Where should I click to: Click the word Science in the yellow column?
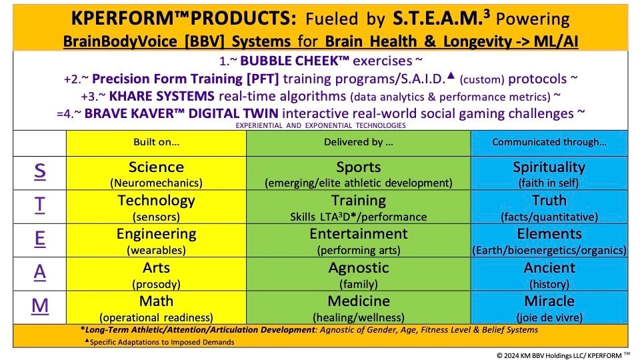(x=156, y=167)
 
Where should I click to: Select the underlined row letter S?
(x=39, y=171)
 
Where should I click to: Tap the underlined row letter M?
(x=40, y=306)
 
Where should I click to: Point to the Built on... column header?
(x=156, y=142)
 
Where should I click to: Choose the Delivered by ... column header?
(x=359, y=142)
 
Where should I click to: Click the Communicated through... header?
(x=549, y=142)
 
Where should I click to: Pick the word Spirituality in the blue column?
(x=549, y=167)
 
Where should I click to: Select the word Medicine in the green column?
(x=359, y=301)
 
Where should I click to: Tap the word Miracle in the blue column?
(x=549, y=301)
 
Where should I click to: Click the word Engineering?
(x=156, y=234)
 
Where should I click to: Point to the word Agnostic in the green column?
(x=359, y=268)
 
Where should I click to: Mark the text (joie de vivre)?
(x=549, y=317)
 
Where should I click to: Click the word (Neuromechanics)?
(x=156, y=183)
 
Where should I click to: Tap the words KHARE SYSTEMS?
(x=161, y=96)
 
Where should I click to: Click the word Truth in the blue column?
(x=549, y=201)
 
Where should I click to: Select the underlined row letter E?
(x=39, y=239)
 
